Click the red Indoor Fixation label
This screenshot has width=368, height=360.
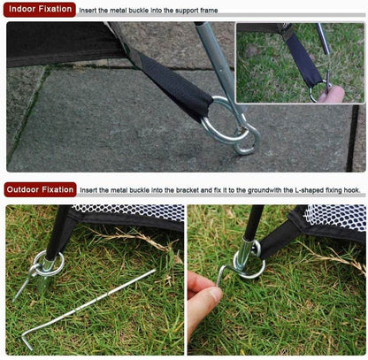(x=40, y=9)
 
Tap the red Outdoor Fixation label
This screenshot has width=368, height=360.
(x=40, y=189)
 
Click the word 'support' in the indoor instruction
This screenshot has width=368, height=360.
(x=187, y=11)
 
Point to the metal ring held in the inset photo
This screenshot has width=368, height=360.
(x=319, y=90)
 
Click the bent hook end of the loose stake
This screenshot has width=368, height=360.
(x=27, y=340)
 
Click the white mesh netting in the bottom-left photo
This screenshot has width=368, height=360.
(x=130, y=212)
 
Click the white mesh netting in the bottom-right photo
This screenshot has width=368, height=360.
(x=336, y=216)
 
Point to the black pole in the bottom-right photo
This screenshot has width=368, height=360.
(x=253, y=221)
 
